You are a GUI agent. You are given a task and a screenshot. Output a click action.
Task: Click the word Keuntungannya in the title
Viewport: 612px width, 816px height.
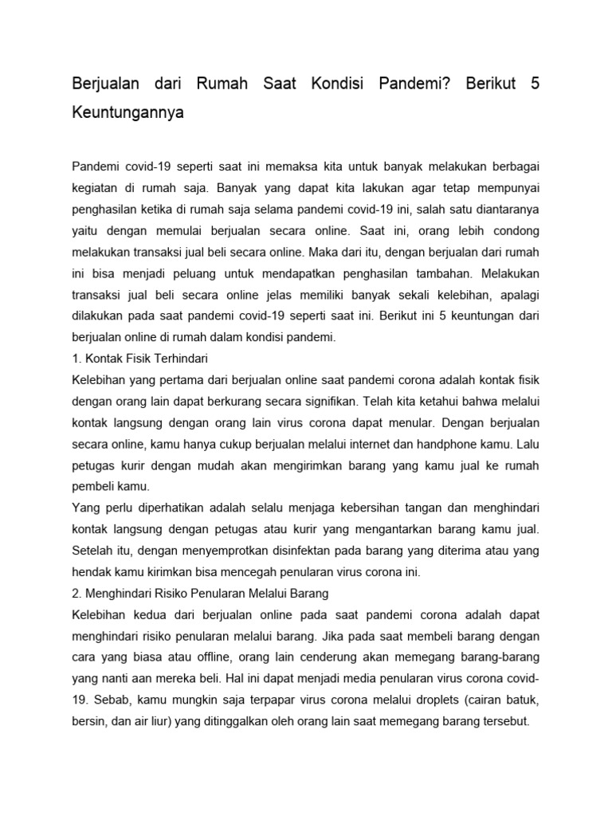[x=127, y=112]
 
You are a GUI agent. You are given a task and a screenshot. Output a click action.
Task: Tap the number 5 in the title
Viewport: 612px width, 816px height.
[x=535, y=84]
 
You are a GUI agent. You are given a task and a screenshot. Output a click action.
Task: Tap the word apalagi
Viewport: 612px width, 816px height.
[x=519, y=294]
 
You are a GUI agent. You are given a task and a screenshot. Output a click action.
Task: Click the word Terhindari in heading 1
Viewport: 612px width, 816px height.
[x=178, y=357]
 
